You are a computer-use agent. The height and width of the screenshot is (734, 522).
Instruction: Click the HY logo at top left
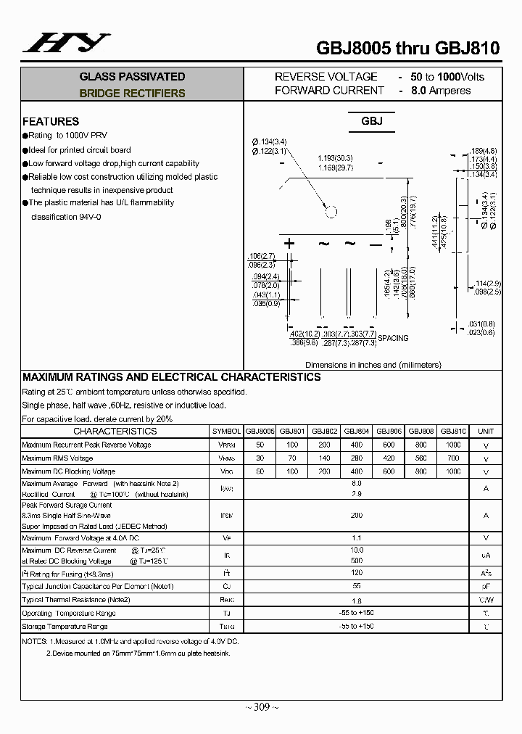[66, 44]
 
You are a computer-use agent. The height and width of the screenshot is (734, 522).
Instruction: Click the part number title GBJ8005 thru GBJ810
[407, 49]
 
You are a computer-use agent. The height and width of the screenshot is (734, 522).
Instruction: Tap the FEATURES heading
[51, 121]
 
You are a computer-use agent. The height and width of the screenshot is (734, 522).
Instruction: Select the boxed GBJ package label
[372, 122]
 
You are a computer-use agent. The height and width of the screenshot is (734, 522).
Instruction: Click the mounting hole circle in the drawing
[331, 213]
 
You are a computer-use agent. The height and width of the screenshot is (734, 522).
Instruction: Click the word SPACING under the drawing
[394, 338]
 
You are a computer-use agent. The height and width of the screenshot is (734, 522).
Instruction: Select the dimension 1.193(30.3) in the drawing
[335, 157]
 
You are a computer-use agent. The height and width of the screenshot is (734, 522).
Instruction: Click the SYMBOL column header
[226, 431]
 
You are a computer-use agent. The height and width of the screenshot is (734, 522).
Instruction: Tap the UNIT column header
[486, 431]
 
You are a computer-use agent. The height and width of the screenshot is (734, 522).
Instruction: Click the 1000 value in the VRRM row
[453, 445]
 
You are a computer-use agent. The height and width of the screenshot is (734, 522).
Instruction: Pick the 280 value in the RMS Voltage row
[356, 458]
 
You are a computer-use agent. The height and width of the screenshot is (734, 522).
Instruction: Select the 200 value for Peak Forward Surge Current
[356, 514]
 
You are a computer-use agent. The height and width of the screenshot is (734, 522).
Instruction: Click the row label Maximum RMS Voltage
[57, 458]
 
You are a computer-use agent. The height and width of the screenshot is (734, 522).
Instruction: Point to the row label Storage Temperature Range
[65, 627]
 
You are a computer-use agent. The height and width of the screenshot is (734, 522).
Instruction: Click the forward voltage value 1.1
[356, 537]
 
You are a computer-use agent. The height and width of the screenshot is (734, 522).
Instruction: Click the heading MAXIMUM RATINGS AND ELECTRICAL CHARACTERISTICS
[171, 377]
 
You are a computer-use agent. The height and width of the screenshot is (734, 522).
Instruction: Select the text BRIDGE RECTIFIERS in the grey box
[132, 94]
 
